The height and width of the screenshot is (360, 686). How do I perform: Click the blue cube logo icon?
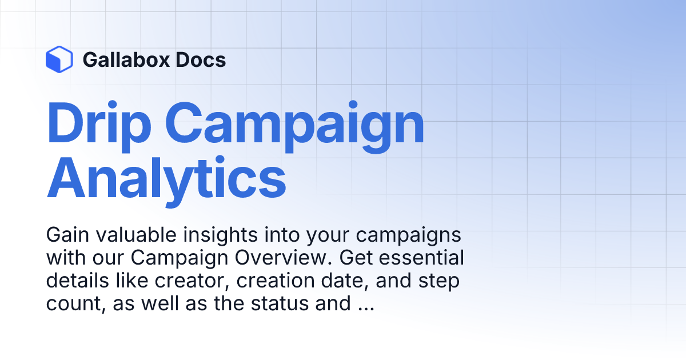tap(59, 59)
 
